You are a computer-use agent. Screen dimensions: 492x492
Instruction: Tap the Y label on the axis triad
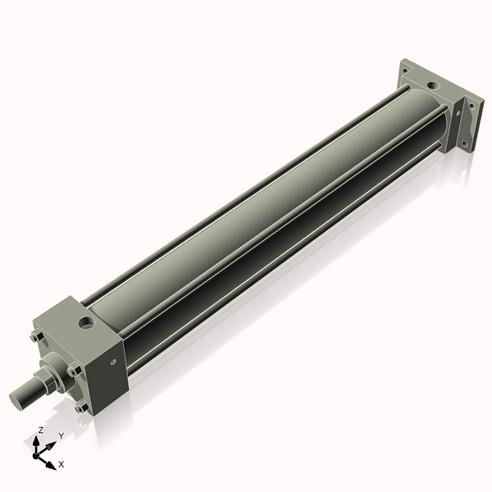tap(61, 435)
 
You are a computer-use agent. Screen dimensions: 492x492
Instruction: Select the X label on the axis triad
tap(61, 464)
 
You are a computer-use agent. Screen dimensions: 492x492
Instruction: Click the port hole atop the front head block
tap(85, 324)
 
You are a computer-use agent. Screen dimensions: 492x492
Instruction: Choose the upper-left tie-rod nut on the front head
tap(35, 336)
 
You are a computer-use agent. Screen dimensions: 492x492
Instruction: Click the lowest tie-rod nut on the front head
tap(80, 407)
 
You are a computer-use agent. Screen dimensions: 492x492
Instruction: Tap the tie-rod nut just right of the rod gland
tap(74, 370)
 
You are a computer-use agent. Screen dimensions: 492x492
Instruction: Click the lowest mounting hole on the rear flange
tap(464, 144)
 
